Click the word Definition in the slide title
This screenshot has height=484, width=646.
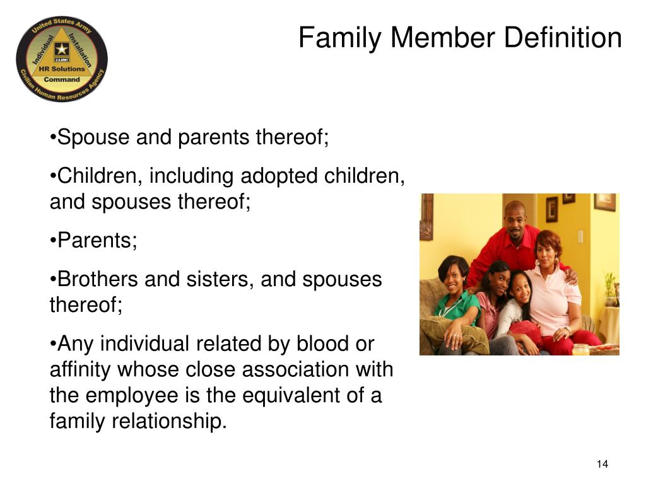click(563, 38)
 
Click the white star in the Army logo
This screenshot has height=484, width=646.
click(61, 49)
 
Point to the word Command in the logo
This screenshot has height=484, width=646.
click(62, 79)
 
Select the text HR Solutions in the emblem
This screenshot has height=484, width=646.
click(62, 68)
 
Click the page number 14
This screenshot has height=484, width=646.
click(602, 464)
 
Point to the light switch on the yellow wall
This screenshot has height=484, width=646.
click(580, 237)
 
